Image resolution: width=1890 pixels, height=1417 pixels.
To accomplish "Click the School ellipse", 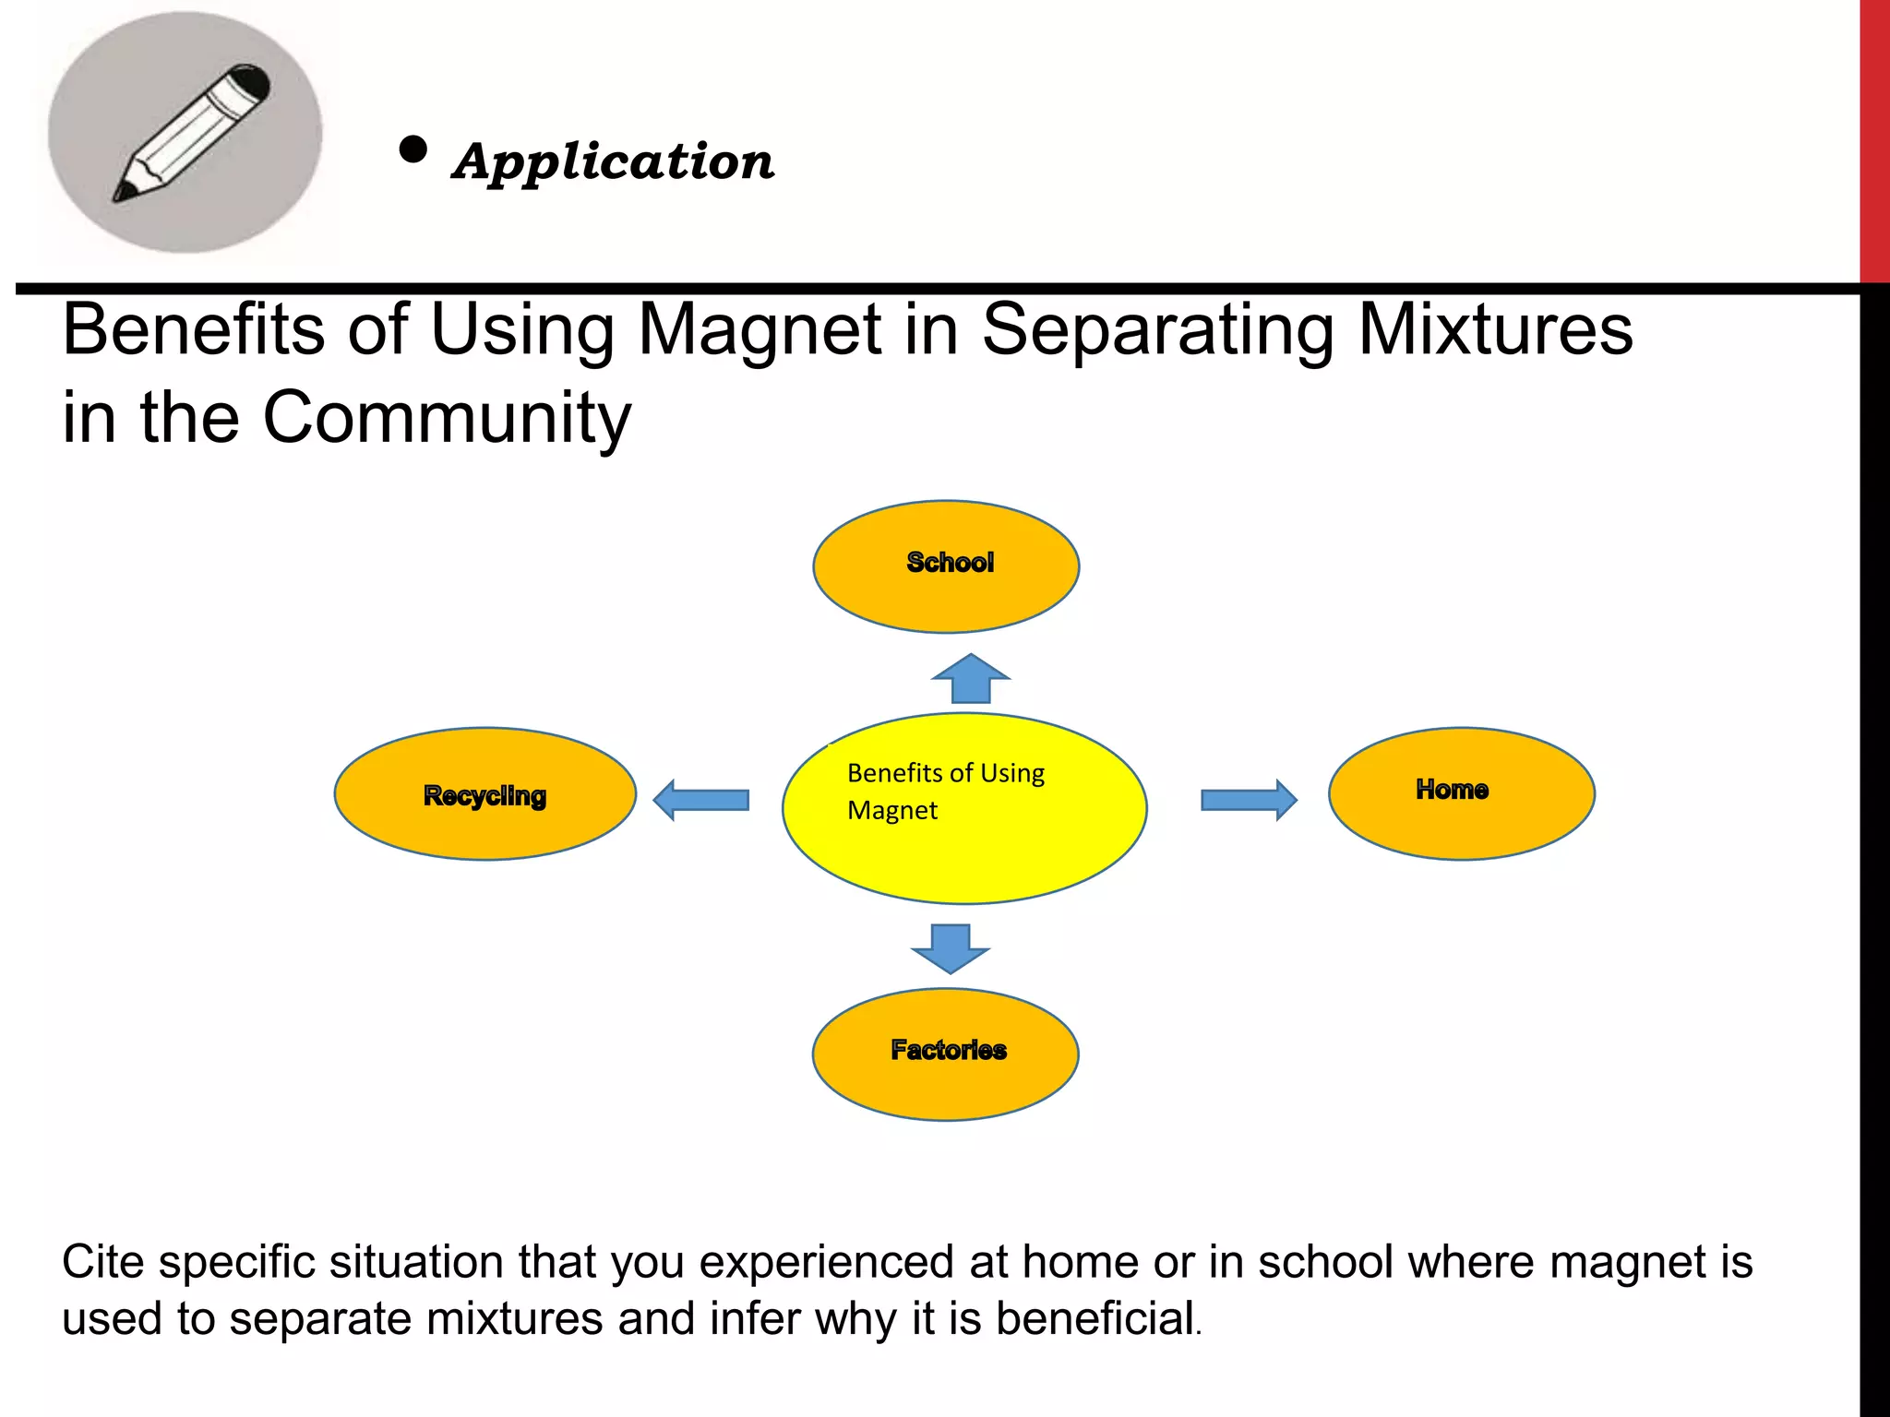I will [x=946, y=566].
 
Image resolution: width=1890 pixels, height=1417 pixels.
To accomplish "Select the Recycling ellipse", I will [x=484, y=794].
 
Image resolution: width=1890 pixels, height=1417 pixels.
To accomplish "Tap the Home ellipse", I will [x=1461, y=793].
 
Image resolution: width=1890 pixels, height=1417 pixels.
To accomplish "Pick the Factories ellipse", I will [x=946, y=1054].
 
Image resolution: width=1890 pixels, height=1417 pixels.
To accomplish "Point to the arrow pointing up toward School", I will [x=971, y=679].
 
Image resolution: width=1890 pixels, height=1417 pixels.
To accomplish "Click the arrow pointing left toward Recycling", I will [x=700, y=800].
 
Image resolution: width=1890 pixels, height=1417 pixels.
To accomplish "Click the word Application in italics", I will [x=614, y=162].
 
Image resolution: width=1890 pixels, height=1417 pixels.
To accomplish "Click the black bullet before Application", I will [x=413, y=149].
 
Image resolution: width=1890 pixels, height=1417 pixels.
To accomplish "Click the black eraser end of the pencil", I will [x=251, y=81].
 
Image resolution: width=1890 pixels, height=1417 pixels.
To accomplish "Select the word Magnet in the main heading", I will [x=760, y=330].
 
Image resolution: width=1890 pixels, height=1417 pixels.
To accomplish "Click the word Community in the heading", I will [x=447, y=418].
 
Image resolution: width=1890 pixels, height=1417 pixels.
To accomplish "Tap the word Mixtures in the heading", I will [x=1495, y=330].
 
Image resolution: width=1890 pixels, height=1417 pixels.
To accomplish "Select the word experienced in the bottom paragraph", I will [x=826, y=1262].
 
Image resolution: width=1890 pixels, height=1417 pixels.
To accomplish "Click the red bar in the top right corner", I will [x=1874, y=138].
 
